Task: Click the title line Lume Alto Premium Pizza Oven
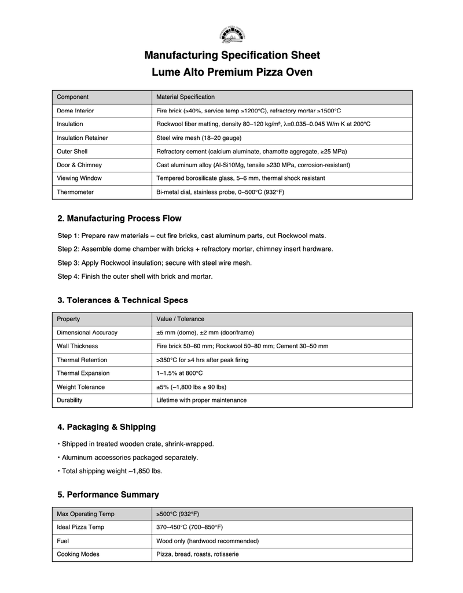(231, 72)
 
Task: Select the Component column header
(72, 97)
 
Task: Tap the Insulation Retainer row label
(82, 138)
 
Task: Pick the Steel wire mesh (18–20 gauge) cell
(199, 138)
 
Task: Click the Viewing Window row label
(79, 178)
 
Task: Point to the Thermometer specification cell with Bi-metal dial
(220, 192)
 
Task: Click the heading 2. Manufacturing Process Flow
(119, 219)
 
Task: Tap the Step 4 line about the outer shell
(135, 277)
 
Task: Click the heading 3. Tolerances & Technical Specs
(123, 300)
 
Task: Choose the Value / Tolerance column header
(180, 319)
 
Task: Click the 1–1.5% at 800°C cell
(179, 373)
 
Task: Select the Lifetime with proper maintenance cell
(201, 400)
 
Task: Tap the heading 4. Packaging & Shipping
(106, 427)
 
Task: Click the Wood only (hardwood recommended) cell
(207, 541)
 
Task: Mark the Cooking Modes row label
(78, 554)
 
